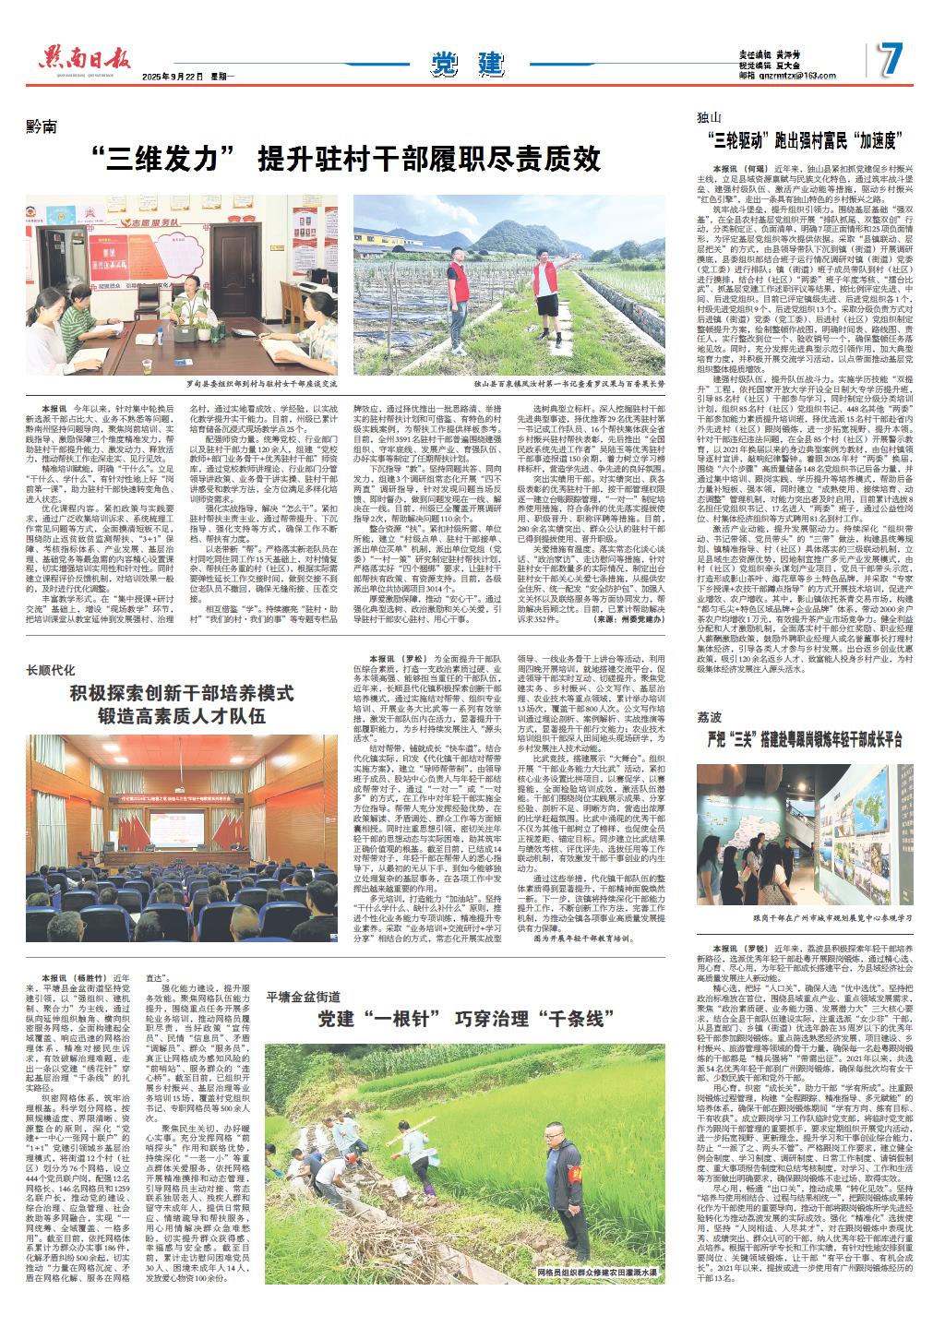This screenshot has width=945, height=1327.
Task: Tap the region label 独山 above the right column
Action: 712,117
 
